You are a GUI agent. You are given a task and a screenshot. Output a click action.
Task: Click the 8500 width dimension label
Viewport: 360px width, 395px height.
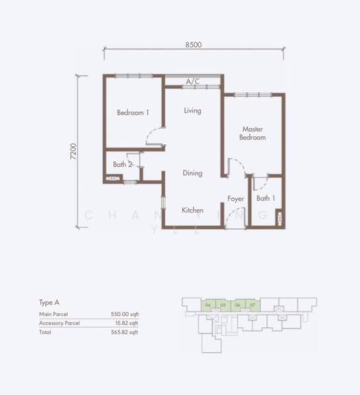tap(193, 45)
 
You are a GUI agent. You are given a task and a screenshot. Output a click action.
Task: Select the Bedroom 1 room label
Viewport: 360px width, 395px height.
tap(133, 113)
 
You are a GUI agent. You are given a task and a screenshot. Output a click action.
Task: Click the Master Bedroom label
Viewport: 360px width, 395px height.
tap(253, 134)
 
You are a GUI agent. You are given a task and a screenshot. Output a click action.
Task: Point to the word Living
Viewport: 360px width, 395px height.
tap(192, 111)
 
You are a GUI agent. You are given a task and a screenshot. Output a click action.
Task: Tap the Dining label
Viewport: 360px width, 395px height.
tap(192, 173)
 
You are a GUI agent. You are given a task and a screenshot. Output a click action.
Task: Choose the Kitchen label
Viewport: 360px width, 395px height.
tap(192, 210)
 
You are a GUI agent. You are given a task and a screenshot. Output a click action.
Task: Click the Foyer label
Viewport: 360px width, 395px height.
tap(236, 198)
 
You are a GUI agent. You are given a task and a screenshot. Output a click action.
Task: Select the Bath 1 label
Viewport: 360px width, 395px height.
tap(266, 198)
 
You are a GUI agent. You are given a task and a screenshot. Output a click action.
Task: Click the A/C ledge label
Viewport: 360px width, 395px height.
tap(192, 82)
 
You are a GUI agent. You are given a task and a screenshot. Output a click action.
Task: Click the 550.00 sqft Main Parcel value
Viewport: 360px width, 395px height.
tap(124, 315)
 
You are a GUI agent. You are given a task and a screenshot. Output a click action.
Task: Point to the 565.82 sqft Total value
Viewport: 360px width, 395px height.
tap(124, 332)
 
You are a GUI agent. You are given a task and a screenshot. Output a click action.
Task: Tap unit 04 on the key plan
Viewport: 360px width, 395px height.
tap(208, 305)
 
